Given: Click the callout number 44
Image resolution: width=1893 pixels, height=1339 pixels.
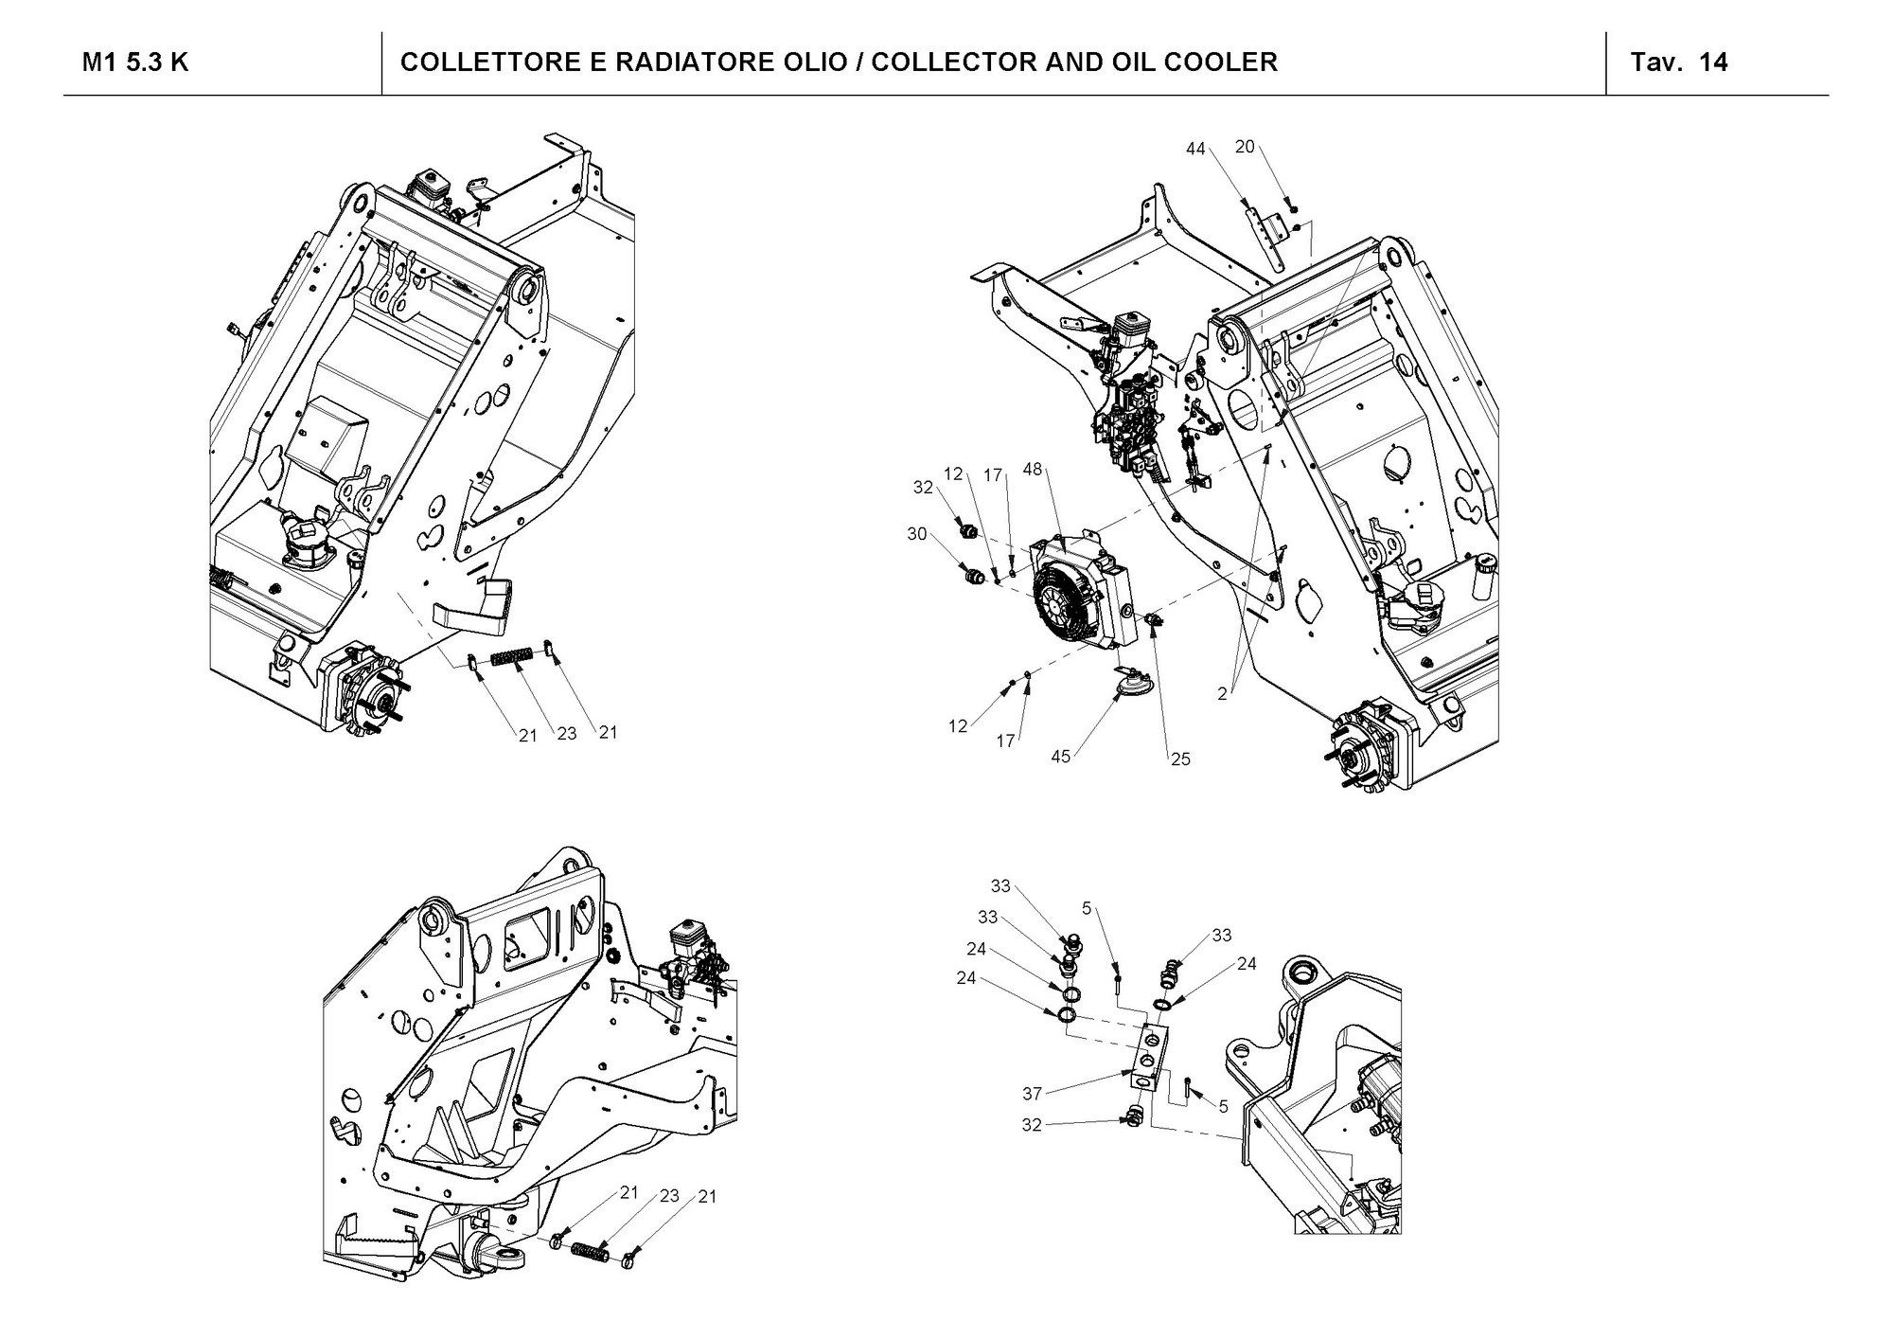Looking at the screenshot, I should point(1195,149).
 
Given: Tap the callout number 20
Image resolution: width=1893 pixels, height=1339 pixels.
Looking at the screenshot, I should point(1245,146).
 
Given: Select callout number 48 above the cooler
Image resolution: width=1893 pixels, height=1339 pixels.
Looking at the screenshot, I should point(1033,471).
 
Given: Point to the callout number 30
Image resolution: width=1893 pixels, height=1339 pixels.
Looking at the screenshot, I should point(917,534).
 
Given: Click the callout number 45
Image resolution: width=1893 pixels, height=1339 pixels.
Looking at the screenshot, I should point(1061,757).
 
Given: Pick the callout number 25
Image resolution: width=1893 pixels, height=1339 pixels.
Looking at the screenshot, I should point(1180,759).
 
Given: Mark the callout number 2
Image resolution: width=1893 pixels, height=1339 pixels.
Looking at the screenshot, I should point(1222,694).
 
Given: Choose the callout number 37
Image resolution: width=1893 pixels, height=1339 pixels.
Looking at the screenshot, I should point(1032,1094).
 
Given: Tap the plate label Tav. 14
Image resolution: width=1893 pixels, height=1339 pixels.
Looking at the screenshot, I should point(1678,62).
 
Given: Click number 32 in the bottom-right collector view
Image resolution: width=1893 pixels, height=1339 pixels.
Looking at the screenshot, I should point(1032,1126).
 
